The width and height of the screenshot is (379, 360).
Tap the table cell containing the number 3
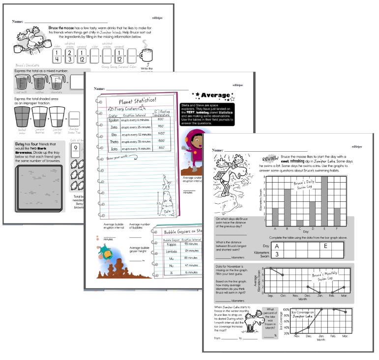(277, 254)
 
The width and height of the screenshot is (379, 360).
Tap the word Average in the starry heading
(216, 95)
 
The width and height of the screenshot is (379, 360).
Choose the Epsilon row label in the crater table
(114, 119)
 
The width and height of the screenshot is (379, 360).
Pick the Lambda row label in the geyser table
(171, 250)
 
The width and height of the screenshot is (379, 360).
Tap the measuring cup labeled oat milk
(22, 81)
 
